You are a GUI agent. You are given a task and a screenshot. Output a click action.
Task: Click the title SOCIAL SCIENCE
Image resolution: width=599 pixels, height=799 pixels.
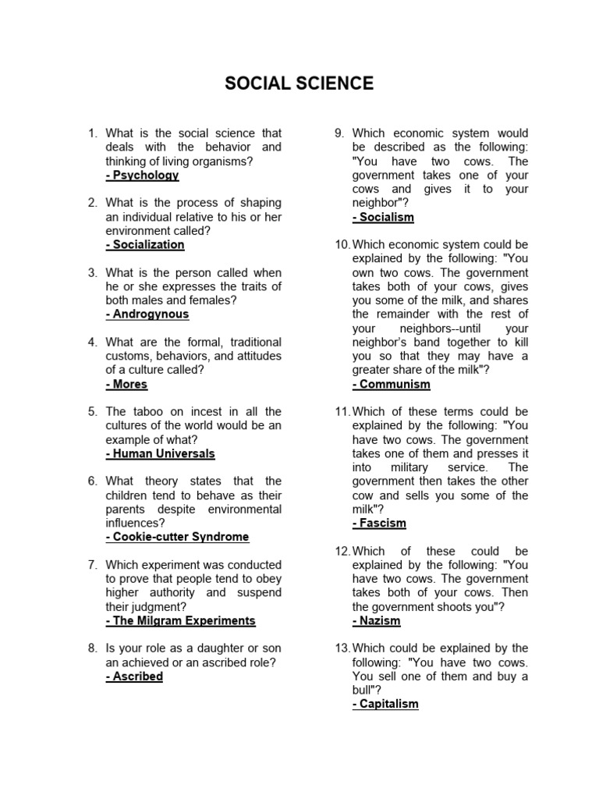click(x=299, y=83)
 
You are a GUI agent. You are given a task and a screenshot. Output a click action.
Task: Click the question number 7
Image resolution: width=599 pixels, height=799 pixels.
click(x=92, y=565)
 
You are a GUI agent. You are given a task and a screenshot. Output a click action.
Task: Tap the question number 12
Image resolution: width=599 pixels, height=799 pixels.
click(x=343, y=551)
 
